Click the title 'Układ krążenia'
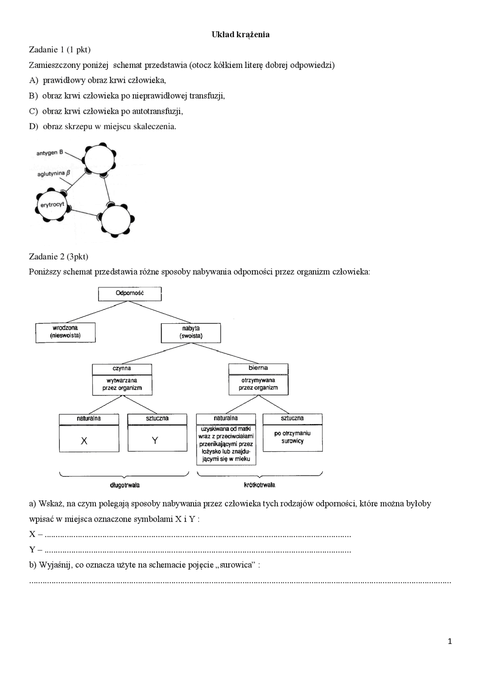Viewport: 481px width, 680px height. [240, 35]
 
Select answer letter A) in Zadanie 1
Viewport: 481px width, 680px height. [34, 80]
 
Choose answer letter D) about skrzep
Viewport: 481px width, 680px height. [34, 127]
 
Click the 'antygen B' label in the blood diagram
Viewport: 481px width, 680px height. [50, 153]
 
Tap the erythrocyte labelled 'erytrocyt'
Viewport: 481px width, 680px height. [52, 205]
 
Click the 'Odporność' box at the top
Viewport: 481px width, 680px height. [130, 293]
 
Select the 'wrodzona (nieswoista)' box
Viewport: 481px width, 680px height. [65, 332]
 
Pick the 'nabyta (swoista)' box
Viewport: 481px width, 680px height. [191, 332]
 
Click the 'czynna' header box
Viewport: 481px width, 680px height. [122, 369]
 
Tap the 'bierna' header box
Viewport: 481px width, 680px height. [258, 368]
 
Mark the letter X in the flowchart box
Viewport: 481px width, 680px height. [84, 441]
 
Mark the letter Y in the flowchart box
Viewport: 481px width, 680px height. [155, 440]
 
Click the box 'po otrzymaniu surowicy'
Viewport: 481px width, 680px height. [292, 437]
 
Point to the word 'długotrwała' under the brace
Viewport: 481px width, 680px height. [125, 485]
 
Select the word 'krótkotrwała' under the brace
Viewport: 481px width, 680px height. [260, 485]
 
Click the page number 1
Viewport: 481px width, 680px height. [450, 641]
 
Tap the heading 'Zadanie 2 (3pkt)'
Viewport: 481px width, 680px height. [59, 257]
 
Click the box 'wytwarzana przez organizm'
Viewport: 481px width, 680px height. [122, 384]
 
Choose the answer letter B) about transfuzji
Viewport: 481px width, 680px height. [33, 96]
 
